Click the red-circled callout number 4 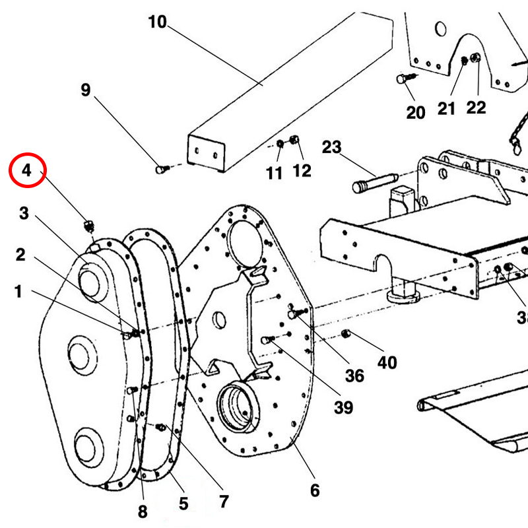tap(26, 170)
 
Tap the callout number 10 tap(156, 22)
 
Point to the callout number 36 tap(354, 376)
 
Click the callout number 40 tap(387, 362)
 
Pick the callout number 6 tap(314, 490)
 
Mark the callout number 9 tap(85, 90)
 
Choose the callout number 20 tap(415, 112)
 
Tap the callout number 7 tap(224, 502)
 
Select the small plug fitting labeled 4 tap(88, 225)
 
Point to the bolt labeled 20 tap(402, 79)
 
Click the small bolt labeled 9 tap(160, 170)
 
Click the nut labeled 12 tap(294, 141)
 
